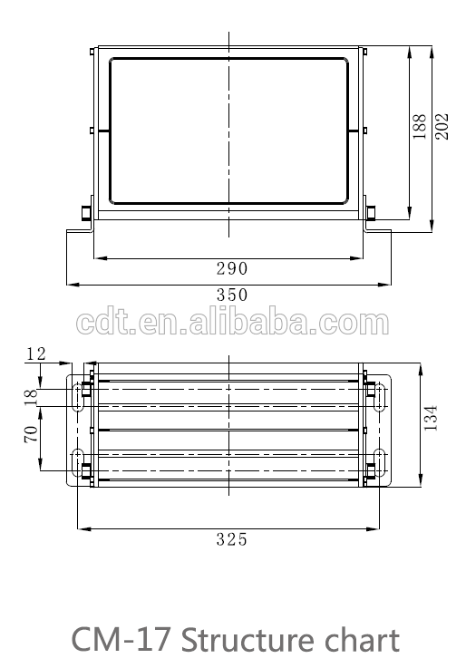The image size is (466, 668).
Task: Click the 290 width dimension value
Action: coord(232,268)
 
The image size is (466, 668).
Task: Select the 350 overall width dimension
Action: coord(232,295)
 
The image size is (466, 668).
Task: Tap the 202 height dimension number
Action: coord(442,125)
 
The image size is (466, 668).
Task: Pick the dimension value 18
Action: coord(31,395)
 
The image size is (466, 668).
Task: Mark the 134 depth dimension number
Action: coord(431,418)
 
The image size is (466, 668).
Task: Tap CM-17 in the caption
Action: coord(121,640)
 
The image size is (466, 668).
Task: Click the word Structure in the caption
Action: coord(249,640)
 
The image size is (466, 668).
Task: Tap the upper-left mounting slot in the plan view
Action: coord(78,397)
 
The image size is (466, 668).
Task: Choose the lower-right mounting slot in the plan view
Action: coord(380,460)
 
